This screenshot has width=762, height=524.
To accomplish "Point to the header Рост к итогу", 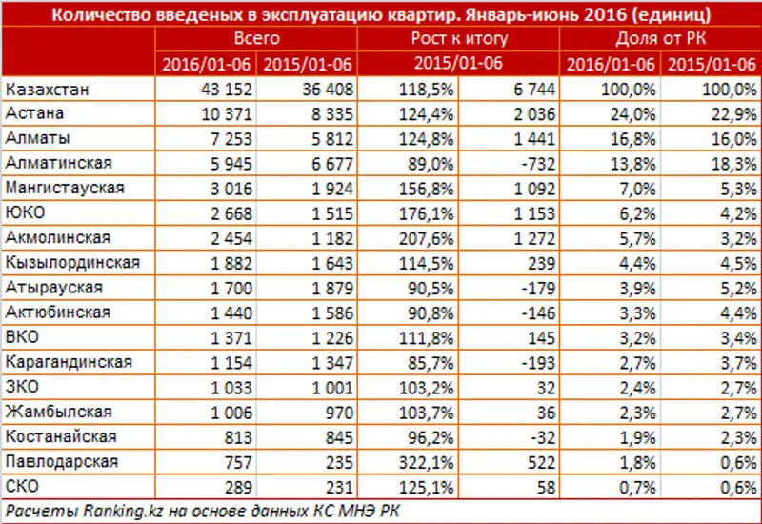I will tap(459, 39).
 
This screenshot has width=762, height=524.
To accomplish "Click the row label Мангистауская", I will tap(57, 188).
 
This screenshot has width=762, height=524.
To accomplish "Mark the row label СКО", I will tap(24, 486).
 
